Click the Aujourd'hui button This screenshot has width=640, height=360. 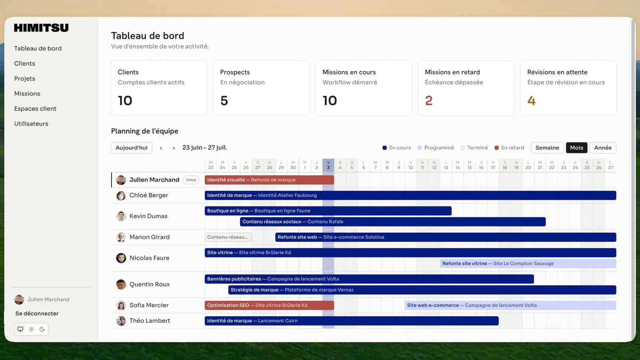pyautogui.click(x=132, y=148)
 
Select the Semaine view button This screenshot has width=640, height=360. pyautogui.click(x=547, y=148)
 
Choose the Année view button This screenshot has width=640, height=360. pyautogui.click(x=603, y=148)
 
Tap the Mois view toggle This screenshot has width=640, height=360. pyautogui.click(x=576, y=148)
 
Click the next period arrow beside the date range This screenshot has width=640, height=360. pyautogui.click(x=174, y=148)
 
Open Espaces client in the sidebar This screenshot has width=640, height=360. pyautogui.click(x=36, y=108)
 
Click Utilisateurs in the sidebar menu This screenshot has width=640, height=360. pyautogui.click(x=31, y=124)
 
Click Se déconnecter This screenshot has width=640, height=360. pyautogui.click(x=37, y=314)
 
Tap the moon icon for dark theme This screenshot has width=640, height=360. pyautogui.click(x=42, y=329)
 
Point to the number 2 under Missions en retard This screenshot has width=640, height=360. pyautogui.click(x=428, y=100)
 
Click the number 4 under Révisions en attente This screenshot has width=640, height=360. pyautogui.click(x=531, y=100)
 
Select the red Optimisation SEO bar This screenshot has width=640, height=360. pyautogui.click(x=269, y=305)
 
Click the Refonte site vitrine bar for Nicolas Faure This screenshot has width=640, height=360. pyautogui.click(x=528, y=264)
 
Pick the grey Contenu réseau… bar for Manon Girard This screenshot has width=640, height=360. pyautogui.click(x=228, y=237)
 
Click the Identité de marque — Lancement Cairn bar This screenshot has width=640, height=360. pyautogui.click(x=352, y=320)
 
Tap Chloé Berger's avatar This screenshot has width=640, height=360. pyautogui.click(x=121, y=196)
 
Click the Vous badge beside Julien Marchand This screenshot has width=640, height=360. pyautogui.click(x=191, y=180)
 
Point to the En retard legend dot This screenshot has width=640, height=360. pyautogui.click(x=496, y=148)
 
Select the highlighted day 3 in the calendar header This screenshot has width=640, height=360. pyautogui.click(x=328, y=165)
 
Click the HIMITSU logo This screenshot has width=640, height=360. pyautogui.click(x=42, y=28)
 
